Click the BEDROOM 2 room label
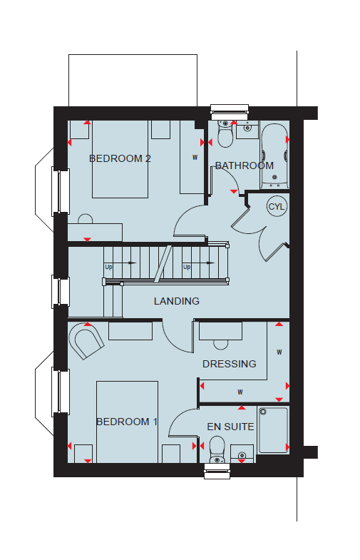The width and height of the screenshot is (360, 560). (120, 158)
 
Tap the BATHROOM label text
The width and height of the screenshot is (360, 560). (245, 166)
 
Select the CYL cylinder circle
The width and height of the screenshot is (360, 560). (277, 206)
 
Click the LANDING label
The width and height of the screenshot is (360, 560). (177, 301)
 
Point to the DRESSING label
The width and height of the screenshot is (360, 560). (230, 364)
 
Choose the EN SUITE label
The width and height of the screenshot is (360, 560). (230, 427)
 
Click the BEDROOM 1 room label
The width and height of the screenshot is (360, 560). (127, 422)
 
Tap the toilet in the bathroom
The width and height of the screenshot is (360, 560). (225, 134)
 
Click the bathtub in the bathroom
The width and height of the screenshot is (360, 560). (274, 156)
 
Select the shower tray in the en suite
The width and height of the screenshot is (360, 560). (273, 430)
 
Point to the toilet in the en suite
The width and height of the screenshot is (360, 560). (217, 450)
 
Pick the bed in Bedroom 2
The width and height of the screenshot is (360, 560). (120, 159)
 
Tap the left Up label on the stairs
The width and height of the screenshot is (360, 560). (108, 267)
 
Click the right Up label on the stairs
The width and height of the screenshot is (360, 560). (187, 267)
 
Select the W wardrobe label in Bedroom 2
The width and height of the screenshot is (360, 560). (195, 157)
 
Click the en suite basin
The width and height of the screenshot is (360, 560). (242, 454)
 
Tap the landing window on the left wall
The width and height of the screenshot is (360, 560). (61, 291)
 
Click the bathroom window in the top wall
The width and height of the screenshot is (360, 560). (230, 112)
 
